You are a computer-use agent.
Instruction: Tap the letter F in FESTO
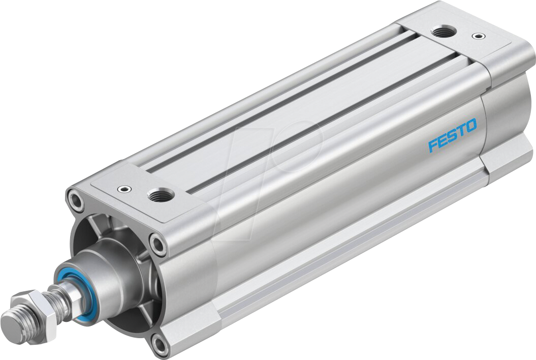433,146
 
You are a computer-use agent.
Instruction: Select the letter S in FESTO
452,135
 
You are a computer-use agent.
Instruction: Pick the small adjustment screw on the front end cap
122,190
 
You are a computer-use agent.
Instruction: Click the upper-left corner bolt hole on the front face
76,200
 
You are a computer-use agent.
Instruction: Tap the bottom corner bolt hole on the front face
160,345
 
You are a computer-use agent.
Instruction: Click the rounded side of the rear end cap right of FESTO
503,122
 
